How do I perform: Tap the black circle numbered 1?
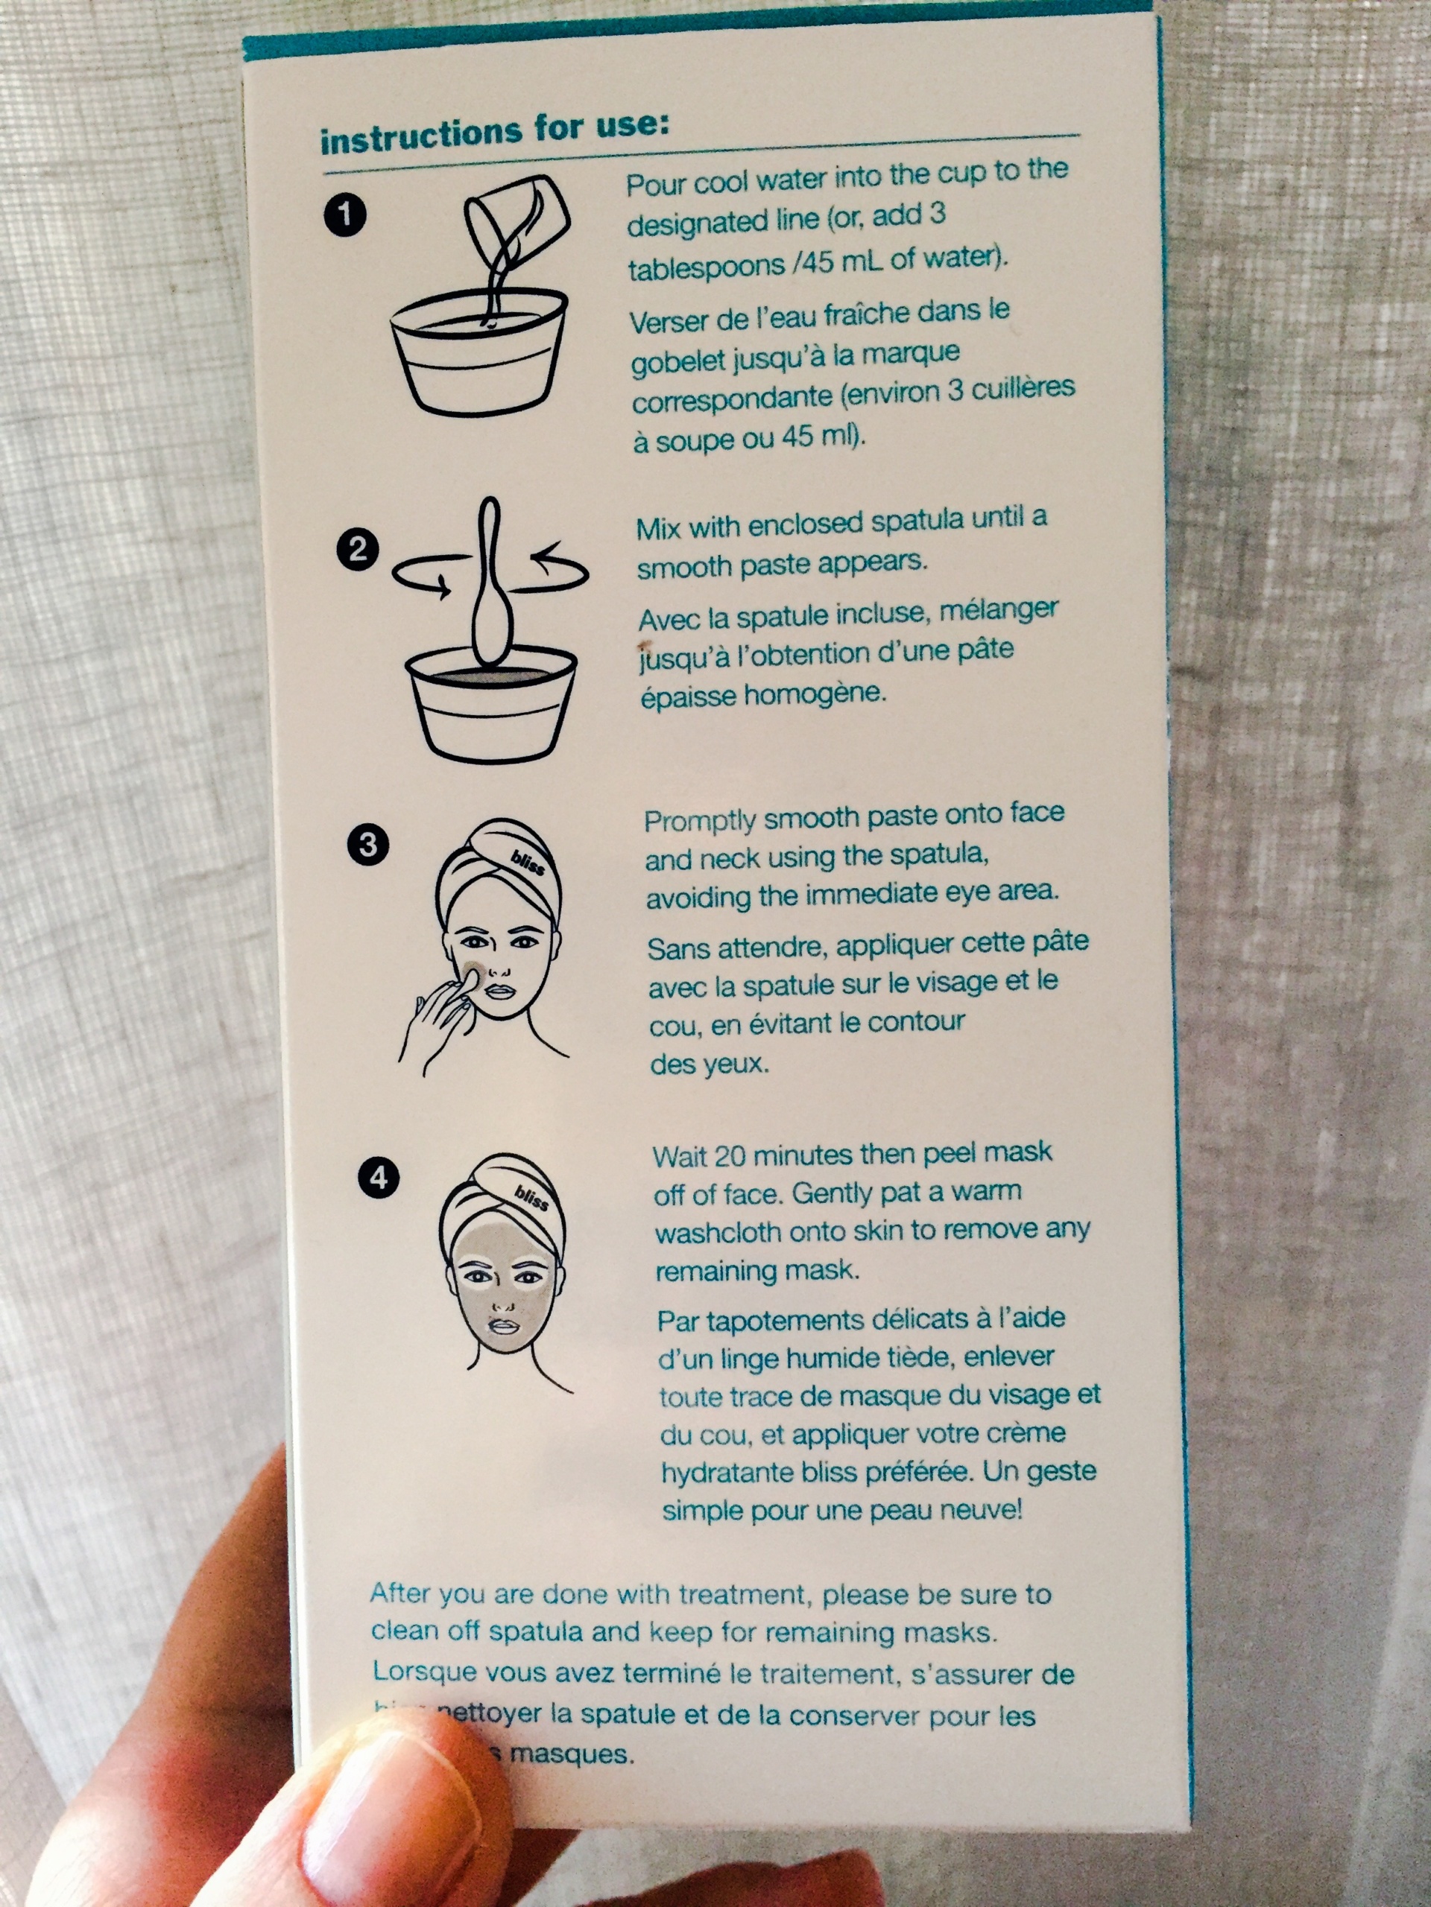345,214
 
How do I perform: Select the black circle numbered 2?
357,548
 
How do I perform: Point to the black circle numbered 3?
367,845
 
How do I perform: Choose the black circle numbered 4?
379,1177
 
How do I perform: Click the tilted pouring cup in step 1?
517,220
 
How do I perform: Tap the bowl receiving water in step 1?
479,354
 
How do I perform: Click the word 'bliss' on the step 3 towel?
528,861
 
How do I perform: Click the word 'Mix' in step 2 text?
657,527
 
